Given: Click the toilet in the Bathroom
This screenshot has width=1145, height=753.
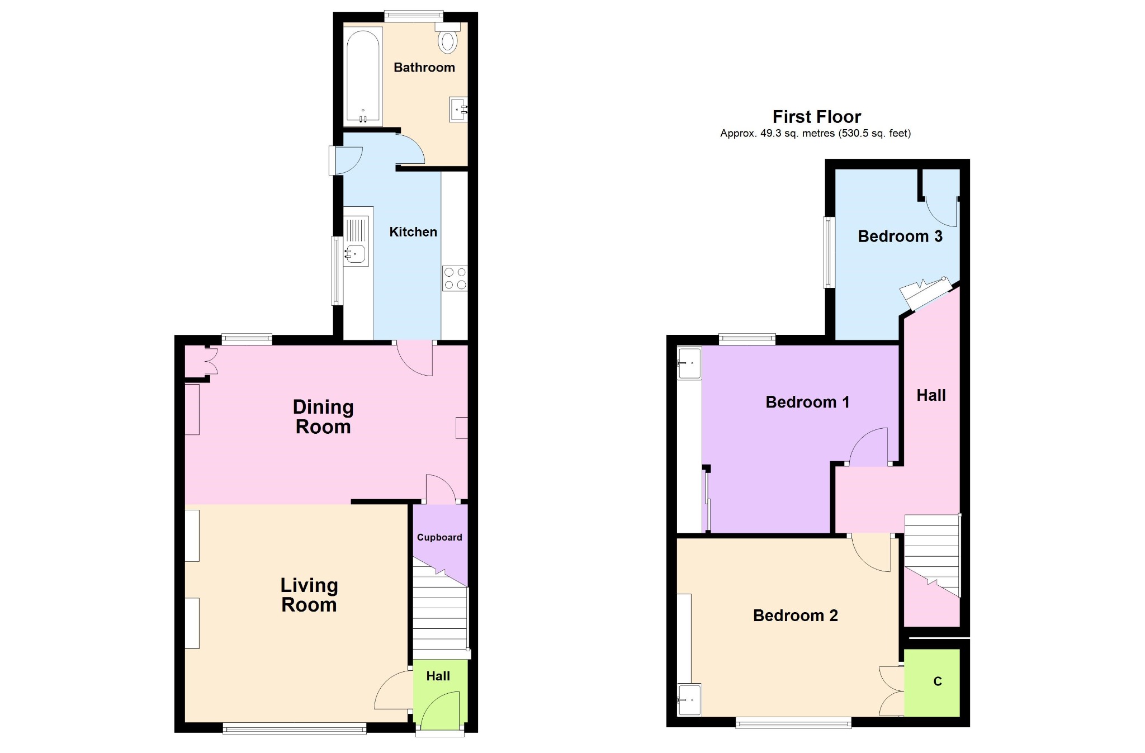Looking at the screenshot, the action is point(447,37).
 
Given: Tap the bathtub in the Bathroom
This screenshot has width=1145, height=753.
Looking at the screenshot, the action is point(363,75).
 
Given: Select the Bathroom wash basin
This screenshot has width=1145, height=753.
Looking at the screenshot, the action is point(458,110).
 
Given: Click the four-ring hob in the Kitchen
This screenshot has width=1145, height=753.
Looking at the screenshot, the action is point(455,278).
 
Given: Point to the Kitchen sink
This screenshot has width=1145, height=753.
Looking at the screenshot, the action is point(356,241).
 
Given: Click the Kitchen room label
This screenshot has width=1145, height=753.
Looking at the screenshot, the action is point(413,232).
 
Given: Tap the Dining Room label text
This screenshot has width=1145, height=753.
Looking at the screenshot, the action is point(323,417).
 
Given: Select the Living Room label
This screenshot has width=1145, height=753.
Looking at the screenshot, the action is point(309,595).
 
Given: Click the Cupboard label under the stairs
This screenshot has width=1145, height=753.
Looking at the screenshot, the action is point(439,537).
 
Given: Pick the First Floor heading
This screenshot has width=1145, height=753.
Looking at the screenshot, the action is point(817,117).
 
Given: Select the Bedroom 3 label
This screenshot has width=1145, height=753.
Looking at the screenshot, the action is point(900,236).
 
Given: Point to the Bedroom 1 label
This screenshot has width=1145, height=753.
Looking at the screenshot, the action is point(807,402).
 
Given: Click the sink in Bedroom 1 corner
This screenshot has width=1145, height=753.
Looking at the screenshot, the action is point(689,363).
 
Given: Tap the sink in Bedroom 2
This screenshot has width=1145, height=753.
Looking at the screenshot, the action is point(689,700).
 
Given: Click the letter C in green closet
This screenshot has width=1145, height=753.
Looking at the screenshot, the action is point(938,681).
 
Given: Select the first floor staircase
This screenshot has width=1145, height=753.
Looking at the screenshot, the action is point(933,556).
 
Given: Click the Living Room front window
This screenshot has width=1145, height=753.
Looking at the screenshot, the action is point(295,728).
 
